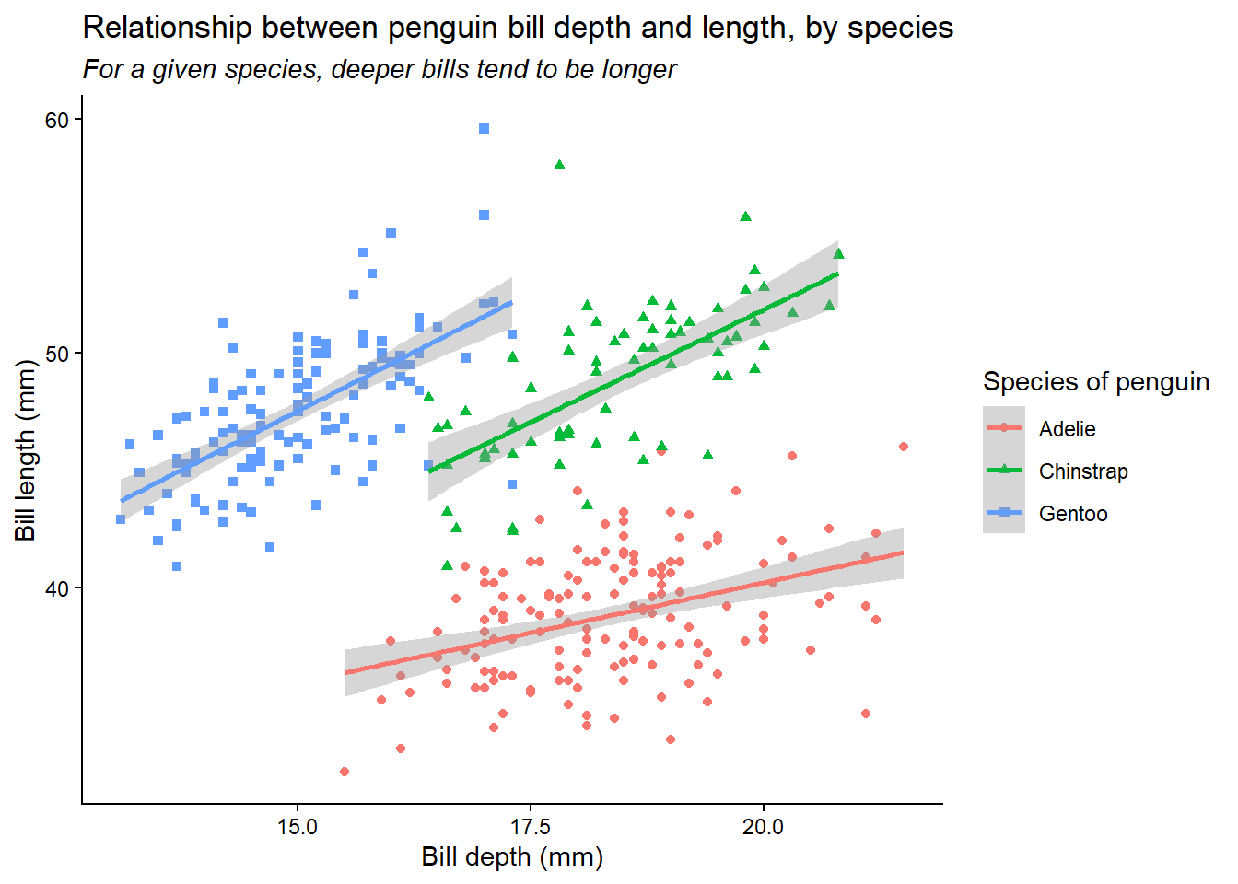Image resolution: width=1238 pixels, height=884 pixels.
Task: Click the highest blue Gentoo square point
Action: pos(484,129)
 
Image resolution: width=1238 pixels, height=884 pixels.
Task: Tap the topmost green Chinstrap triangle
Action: pos(559,165)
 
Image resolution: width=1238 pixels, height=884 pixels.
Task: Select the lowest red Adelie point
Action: pos(345,772)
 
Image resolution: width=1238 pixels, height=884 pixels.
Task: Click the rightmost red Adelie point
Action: pos(904,447)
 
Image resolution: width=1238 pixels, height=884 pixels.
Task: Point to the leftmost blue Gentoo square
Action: pos(121,519)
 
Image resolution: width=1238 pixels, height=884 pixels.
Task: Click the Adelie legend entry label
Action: pos(1067,429)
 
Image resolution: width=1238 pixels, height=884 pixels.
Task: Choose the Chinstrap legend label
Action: pos(1082,471)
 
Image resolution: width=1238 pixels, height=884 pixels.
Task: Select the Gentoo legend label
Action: pos(1072,514)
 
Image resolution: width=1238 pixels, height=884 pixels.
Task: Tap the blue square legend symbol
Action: pos(1004,513)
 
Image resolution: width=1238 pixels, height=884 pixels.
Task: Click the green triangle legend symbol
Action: pos(1004,471)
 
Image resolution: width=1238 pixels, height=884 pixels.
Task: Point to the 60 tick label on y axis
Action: pos(57,121)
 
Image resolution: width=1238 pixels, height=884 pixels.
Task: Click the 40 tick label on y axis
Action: pos(57,588)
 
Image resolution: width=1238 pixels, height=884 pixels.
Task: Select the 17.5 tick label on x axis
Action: pos(531,827)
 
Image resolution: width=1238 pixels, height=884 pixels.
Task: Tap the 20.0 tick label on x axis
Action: pos(763,827)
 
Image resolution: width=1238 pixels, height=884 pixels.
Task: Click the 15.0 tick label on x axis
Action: pos(297,827)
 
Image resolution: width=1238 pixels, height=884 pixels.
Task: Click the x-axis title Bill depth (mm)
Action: pos(512,857)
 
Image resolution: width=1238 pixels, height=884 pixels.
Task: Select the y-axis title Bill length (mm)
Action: pos(25,450)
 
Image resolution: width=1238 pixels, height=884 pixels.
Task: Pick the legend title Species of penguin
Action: pos(1095,382)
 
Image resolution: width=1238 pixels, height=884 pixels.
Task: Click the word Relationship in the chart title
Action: pos(167,28)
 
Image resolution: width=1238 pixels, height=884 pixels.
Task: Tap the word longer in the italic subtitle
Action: pos(639,70)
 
